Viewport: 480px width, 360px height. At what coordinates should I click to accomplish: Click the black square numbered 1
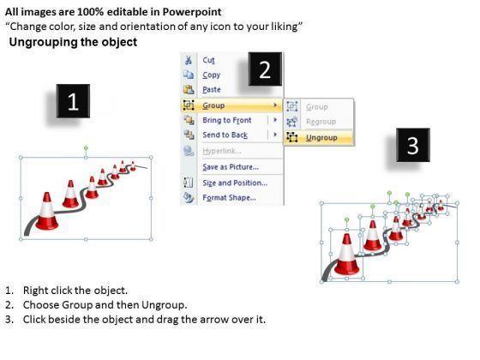click(x=73, y=101)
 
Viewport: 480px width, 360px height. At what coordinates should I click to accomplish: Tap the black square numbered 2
click(x=265, y=69)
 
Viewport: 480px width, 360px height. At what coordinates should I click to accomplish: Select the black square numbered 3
click(x=413, y=145)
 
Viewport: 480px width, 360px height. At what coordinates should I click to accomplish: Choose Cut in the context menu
click(x=209, y=60)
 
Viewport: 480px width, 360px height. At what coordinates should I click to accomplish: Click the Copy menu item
click(x=212, y=75)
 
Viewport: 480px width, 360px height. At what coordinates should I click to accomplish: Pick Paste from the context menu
click(x=212, y=89)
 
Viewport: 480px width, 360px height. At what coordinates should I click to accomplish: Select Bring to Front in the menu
click(x=227, y=120)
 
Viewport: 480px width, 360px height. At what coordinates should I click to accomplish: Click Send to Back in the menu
click(x=225, y=135)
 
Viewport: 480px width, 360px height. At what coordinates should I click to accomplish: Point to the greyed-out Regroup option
click(x=321, y=122)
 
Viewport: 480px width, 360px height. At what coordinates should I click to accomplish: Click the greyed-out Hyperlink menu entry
click(x=222, y=151)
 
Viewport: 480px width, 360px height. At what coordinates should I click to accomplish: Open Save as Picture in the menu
click(x=231, y=167)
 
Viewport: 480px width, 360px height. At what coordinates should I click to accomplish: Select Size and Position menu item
click(x=235, y=183)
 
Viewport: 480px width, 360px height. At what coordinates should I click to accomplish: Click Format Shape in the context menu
click(x=230, y=197)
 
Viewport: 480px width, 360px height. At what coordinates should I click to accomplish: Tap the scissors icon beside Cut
click(x=189, y=60)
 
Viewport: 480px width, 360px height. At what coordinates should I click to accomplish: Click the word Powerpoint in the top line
click(x=192, y=12)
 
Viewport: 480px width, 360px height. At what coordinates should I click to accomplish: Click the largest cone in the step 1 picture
click(x=47, y=211)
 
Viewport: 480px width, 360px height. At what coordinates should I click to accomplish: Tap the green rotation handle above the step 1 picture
click(x=86, y=148)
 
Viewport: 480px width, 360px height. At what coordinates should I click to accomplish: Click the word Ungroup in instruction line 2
click(x=163, y=305)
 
